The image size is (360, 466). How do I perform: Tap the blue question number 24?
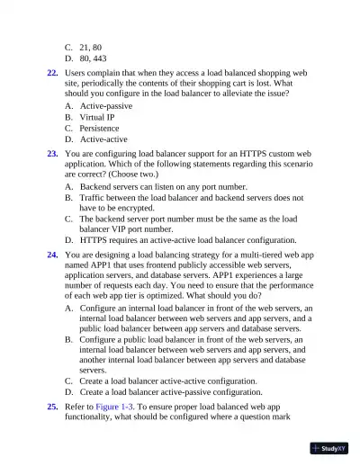pyautogui.click(x=53, y=255)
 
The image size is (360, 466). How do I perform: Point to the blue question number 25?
pyautogui.click(x=53, y=408)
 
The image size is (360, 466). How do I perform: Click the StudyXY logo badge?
pyautogui.click(x=328, y=447)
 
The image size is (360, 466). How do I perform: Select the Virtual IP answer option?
pyautogui.click(x=102, y=117)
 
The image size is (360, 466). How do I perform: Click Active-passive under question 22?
pyautogui.click(x=109, y=106)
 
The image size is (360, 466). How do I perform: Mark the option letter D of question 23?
pyautogui.click(x=69, y=240)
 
